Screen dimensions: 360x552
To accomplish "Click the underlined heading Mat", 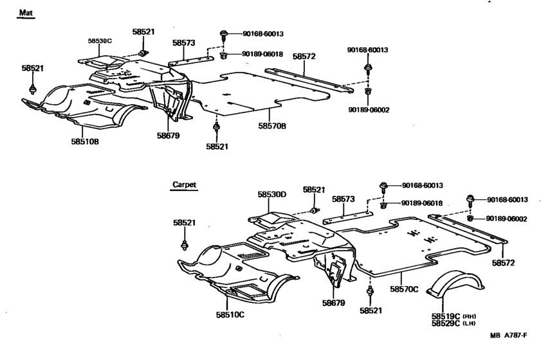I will (25, 13).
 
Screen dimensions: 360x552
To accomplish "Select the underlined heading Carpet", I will (184, 184).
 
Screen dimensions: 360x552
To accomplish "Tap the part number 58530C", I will (100, 40).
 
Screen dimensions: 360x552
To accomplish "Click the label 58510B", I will (85, 141).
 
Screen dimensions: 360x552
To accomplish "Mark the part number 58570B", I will (272, 126).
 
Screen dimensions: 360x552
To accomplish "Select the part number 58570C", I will (404, 290).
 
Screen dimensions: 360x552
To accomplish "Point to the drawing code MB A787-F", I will (508, 336).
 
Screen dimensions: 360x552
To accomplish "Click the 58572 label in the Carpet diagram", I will (505, 263).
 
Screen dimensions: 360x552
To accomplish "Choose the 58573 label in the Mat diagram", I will (183, 43).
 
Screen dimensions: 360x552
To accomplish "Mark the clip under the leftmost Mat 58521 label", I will (32, 88).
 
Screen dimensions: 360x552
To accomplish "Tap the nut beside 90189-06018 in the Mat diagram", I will (223, 55).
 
